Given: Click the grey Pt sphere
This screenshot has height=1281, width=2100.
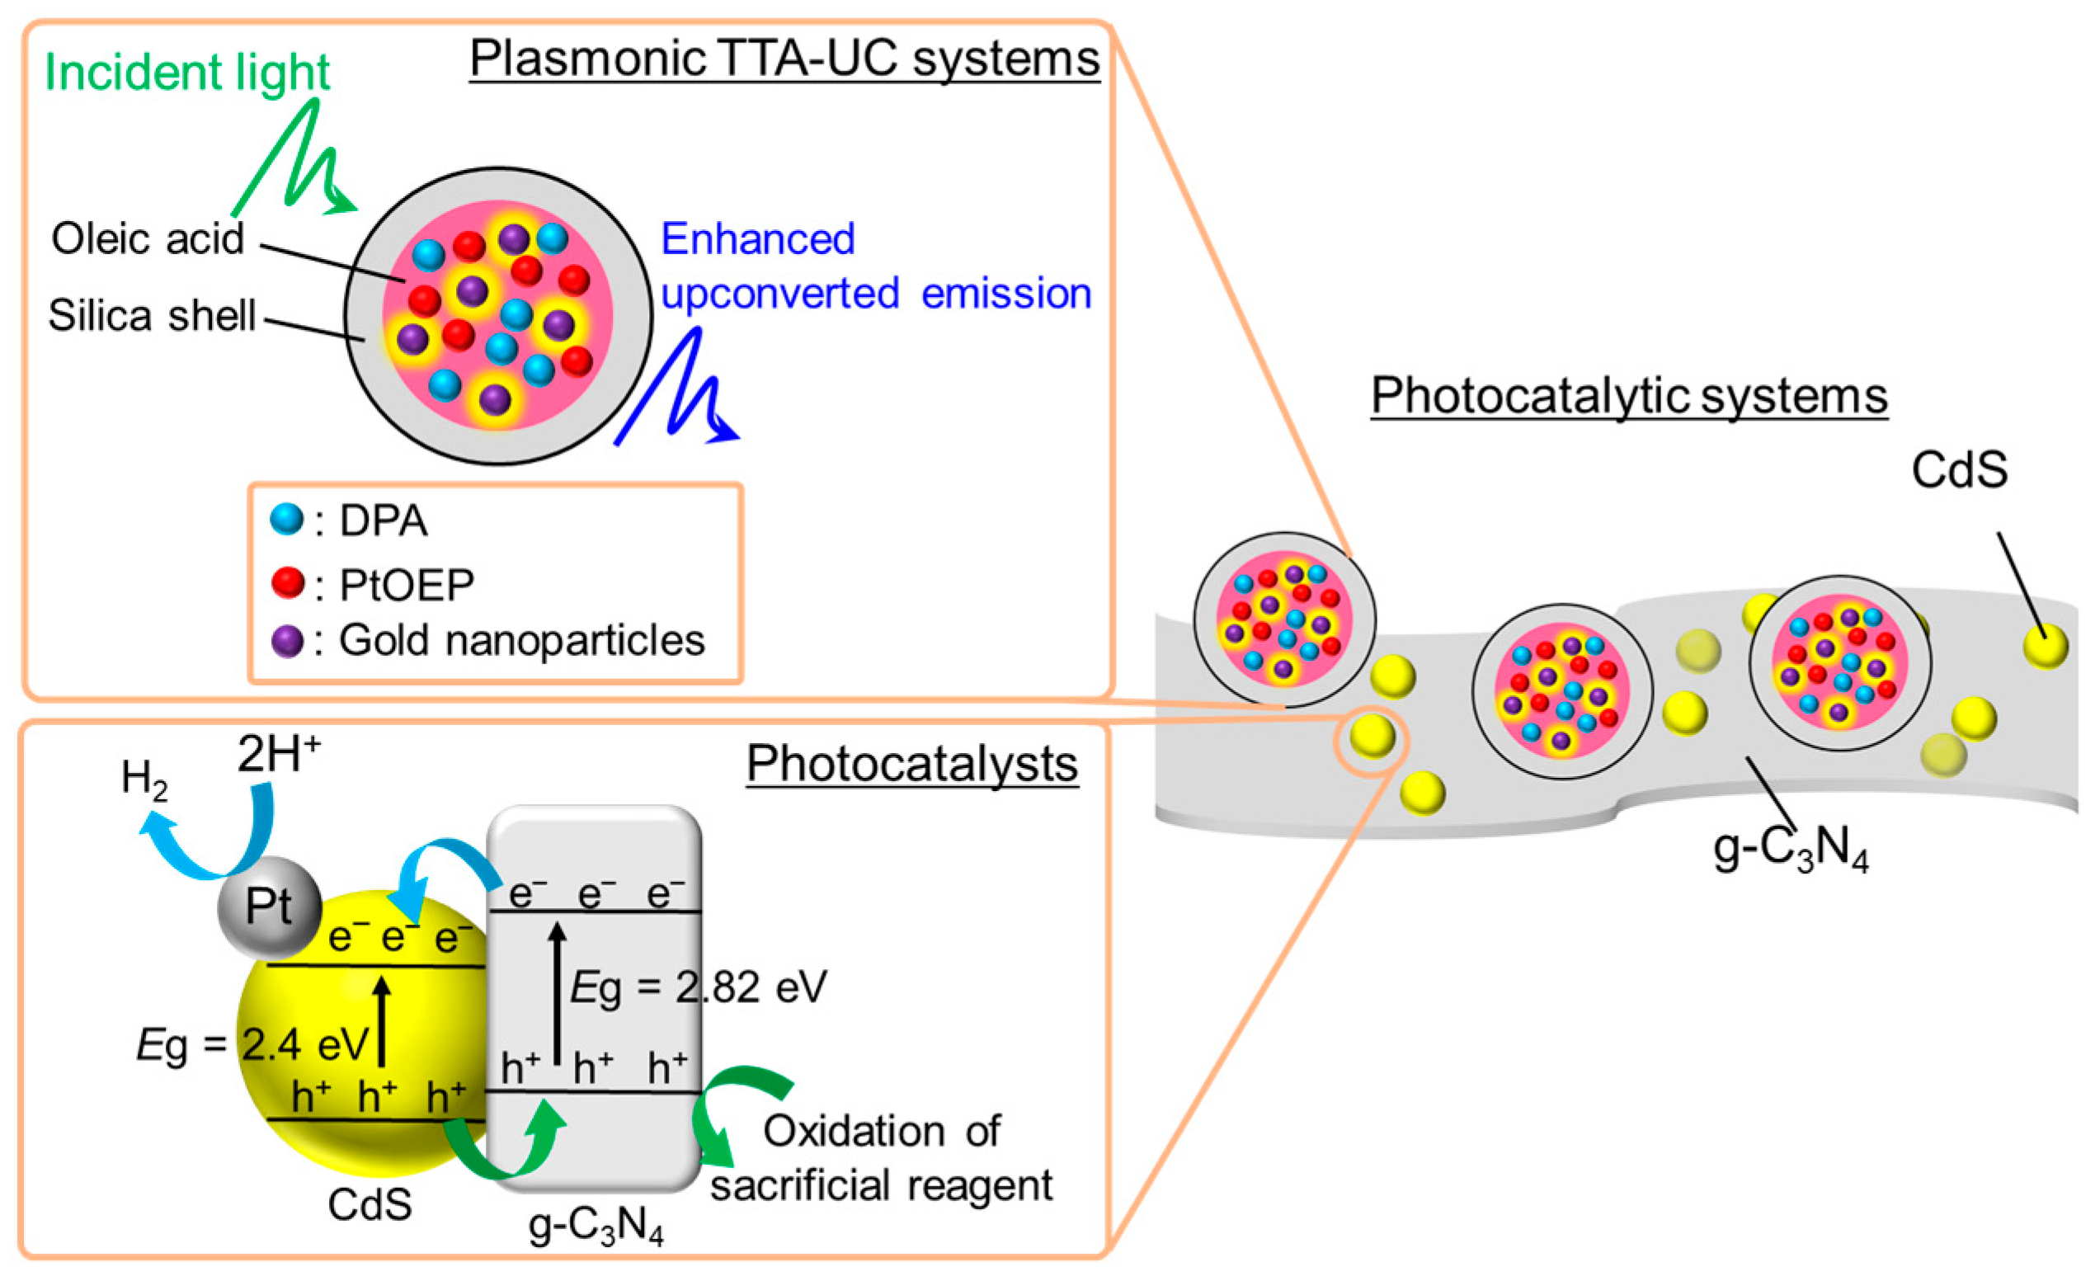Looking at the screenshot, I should pyautogui.click(x=270, y=907).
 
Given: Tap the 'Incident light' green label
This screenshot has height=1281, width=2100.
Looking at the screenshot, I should pyautogui.click(x=186, y=72).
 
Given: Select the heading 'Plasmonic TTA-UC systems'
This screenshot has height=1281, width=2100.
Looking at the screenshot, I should pyautogui.click(x=784, y=58).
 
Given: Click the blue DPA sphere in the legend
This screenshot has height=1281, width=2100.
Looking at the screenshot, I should pyautogui.click(x=286, y=518).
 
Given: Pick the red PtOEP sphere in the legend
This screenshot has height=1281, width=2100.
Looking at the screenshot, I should pyautogui.click(x=287, y=582).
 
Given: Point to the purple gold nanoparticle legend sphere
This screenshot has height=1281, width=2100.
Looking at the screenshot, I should pyautogui.click(x=287, y=640).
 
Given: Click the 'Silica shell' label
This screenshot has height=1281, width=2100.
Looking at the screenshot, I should pyautogui.click(x=152, y=315).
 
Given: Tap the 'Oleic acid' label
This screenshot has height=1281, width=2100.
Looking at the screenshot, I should pyautogui.click(x=148, y=238).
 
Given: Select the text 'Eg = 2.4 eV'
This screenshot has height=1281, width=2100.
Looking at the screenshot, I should pyautogui.click(x=252, y=1044).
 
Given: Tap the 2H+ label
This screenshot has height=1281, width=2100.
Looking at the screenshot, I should pyautogui.click(x=278, y=754).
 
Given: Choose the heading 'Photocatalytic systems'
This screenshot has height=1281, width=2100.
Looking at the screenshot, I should pyautogui.click(x=1629, y=396).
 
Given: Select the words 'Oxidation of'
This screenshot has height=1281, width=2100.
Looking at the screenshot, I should pyautogui.click(x=881, y=1131).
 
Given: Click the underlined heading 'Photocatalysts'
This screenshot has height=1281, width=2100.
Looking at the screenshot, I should pyautogui.click(x=912, y=764).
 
